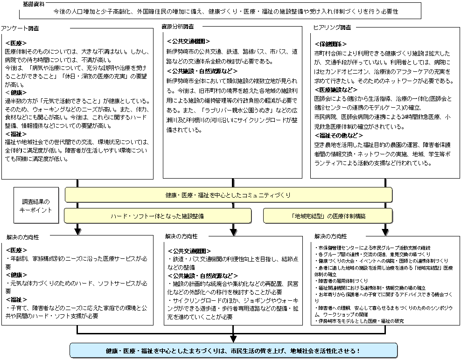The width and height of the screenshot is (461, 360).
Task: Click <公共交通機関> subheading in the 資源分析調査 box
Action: (189, 42)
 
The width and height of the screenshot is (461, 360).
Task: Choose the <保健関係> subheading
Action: (330, 45)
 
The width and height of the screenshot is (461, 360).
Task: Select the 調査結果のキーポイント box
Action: (37, 206)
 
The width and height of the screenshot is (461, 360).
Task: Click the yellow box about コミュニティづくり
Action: (228, 194)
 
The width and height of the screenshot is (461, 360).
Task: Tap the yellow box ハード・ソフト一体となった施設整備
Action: (157, 216)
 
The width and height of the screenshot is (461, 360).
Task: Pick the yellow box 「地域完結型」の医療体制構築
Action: (328, 216)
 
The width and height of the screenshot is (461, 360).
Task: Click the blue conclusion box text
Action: (232, 350)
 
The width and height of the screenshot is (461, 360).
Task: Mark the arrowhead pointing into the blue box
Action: (232, 339)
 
